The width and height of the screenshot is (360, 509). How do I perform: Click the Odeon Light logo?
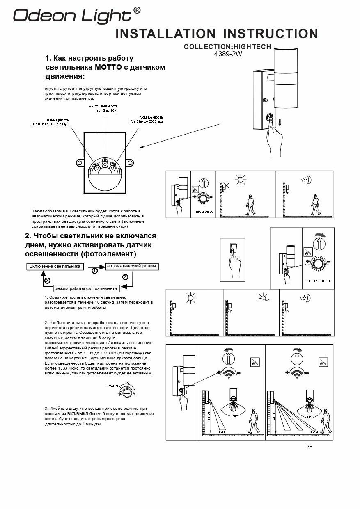pos(73,16)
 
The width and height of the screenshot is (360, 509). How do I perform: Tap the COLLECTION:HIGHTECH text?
pos(227,47)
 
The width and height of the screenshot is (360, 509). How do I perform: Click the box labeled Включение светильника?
pos(55,267)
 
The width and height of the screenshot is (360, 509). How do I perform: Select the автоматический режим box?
pos(131,266)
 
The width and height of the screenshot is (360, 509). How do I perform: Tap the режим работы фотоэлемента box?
pos(86,288)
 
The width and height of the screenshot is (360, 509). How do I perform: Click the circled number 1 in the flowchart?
pos(94,271)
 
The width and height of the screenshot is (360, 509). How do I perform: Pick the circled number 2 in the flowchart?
pos(125,277)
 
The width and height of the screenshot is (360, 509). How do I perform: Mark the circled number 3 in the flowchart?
pos(47,281)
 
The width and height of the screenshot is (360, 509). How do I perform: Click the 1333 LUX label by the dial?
pos(112,386)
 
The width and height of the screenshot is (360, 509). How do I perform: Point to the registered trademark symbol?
pos(137,10)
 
